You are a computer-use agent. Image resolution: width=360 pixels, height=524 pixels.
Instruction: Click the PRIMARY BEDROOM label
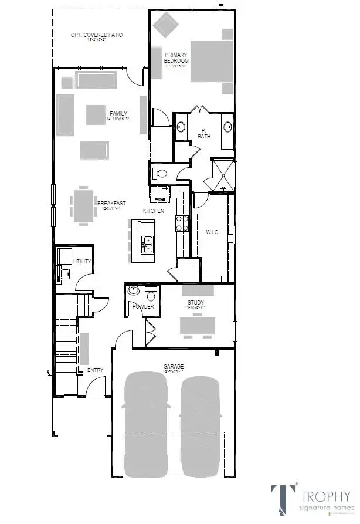[x=176, y=58]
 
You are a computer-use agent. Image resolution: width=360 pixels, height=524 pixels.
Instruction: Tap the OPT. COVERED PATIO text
[x=97, y=35]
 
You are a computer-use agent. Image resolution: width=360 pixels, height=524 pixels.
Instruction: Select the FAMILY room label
[x=118, y=114]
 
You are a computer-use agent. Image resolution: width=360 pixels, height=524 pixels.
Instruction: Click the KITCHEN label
[x=154, y=211]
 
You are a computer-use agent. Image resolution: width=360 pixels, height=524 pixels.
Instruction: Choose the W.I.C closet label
[x=212, y=232]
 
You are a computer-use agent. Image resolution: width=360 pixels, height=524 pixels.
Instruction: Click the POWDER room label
[x=144, y=306]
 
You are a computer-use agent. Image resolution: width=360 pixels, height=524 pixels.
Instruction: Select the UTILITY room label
[x=81, y=261]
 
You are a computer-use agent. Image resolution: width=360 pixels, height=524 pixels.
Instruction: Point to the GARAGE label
[x=173, y=367]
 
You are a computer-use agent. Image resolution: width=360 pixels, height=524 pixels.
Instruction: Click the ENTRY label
[x=95, y=370]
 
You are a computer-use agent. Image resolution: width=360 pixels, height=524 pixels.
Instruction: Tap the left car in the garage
[x=147, y=420]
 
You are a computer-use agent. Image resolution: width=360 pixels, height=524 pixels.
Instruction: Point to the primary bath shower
[x=223, y=175]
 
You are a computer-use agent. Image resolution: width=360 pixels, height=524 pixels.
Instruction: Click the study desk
[x=197, y=324]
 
